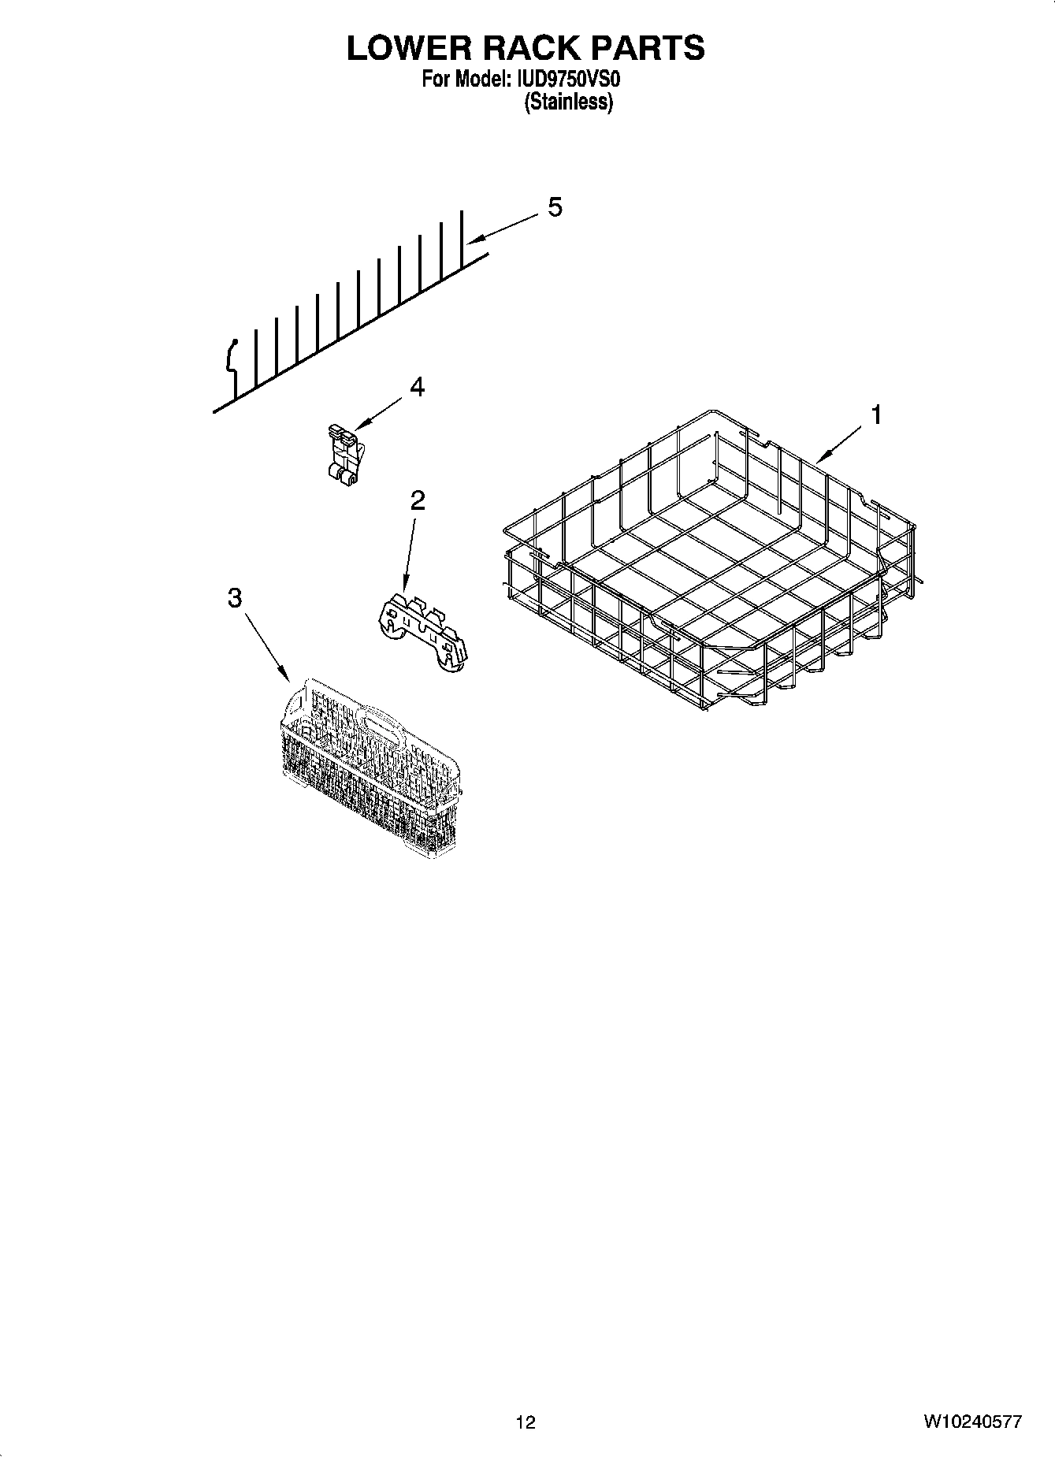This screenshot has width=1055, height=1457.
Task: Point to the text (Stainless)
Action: click(568, 102)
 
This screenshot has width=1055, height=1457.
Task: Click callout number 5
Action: click(555, 207)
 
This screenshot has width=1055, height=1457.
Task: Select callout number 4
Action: click(417, 387)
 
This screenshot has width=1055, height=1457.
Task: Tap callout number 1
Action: click(876, 414)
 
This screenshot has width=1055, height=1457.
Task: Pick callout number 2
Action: click(417, 500)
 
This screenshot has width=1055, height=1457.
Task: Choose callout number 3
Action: click(234, 598)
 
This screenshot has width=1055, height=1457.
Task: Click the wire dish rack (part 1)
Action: click(709, 567)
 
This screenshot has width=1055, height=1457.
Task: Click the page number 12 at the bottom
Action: click(526, 1422)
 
